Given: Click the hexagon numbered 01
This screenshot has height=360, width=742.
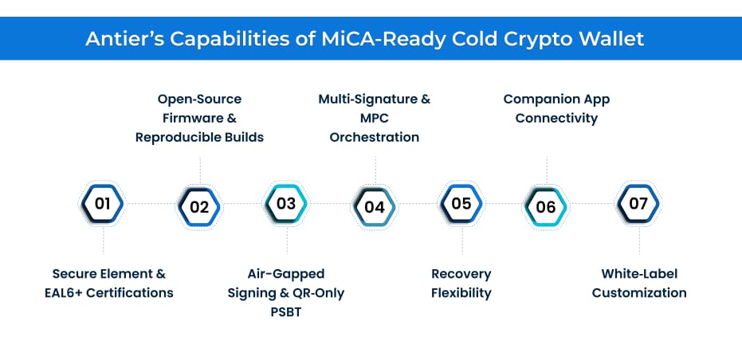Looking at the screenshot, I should click(x=103, y=204).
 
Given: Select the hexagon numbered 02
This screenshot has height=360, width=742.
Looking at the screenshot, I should click(x=199, y=207).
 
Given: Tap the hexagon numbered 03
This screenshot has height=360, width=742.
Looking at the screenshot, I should click(x=286, y=204).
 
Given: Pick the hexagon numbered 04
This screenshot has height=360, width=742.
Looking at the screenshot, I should click(x=374, y=207).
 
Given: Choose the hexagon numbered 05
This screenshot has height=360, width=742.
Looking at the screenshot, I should click(x=461, y=204).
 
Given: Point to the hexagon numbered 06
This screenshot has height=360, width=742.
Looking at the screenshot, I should click(x=546, y=207).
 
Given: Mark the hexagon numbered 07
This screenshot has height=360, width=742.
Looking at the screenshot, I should click(x=638, y=204).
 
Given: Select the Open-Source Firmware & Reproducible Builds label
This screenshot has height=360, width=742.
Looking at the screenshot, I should click(x=199, y=118).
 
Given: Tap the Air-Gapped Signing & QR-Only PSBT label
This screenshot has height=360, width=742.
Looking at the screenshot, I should click(x=286, y=292).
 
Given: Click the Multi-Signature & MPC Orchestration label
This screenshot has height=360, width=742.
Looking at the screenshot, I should click(x=374, y=118).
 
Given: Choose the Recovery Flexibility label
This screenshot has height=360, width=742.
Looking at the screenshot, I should click(x=461, y=283).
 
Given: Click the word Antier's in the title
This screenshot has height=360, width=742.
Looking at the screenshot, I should click(x=125, y=38).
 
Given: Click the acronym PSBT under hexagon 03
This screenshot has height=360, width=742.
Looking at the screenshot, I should click(x=286, y=311).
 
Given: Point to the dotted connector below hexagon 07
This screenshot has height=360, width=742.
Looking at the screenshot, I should click(x=638, y=242).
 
